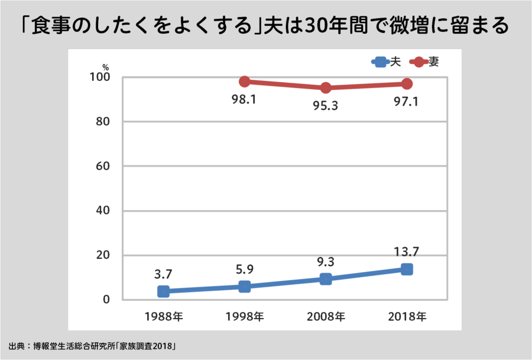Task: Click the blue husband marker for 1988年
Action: tap(164, 291)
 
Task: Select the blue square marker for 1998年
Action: tap(245, 286)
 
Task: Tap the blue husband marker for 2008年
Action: tap(326, 278)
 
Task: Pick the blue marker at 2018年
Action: tap(407, 269)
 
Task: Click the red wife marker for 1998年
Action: tap(245, 82)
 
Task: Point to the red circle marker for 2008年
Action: tap(326, 88)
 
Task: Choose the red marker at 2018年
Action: tap(407, 84)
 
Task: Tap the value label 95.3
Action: tap(325, 106)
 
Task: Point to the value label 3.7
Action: tap(163, 274)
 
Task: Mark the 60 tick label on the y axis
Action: tap(103, 166)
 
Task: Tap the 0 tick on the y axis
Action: tap(106, 299)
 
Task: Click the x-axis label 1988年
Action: tap(164, 316)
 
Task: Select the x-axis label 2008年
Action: tap(326, 316)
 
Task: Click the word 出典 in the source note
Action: tap(16, 345)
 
